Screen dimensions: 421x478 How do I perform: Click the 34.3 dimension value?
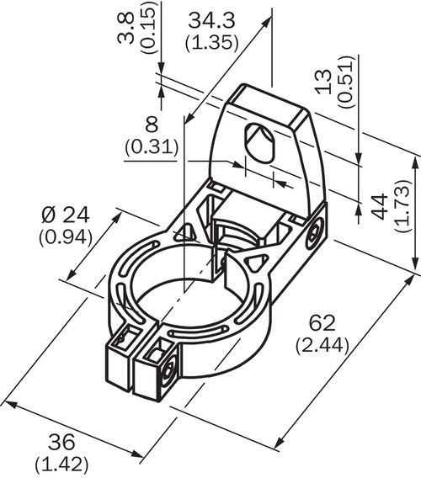211,21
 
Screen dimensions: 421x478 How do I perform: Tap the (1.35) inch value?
211,42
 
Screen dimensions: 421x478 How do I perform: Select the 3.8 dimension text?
126,29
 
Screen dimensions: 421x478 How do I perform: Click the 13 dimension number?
323,82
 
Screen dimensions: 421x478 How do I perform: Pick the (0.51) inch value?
347,82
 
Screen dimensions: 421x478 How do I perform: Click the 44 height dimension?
381,206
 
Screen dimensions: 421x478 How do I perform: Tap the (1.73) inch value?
403,206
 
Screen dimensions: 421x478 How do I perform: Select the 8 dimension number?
152,125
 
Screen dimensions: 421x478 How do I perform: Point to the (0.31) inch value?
152,146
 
